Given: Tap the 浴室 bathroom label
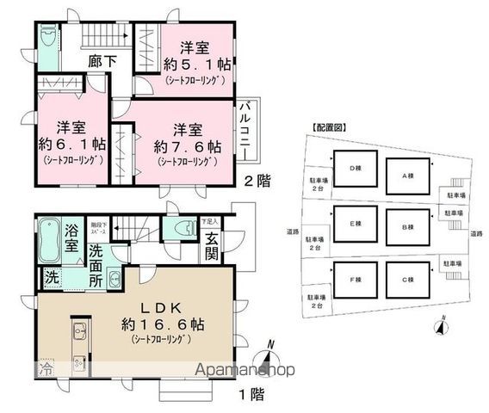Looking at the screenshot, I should tap(73, 237).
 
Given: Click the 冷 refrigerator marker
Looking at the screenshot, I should tap(43, 368).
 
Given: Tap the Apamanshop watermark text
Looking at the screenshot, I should tap(244, 371).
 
